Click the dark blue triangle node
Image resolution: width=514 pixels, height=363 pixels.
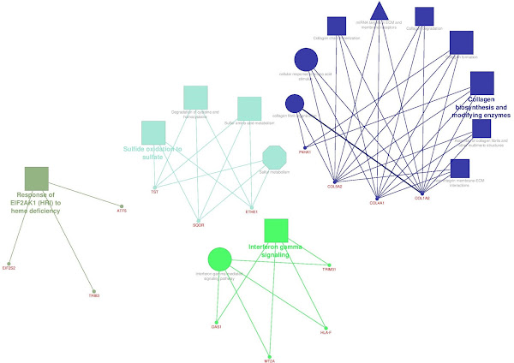click(x=379, y=12)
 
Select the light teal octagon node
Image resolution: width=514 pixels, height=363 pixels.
click(x=274, y=158)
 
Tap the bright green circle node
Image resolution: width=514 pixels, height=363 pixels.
click(x=220, y=259)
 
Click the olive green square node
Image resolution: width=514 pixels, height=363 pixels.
click(x=37, y=178)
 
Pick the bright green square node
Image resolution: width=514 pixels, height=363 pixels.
click(x=276, y=230)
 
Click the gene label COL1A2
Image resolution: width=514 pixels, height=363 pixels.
click(x=421, y=198)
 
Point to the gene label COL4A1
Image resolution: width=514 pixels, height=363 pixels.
click(x=377, y=203)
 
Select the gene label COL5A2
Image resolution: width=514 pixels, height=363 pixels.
click(x=334, y=186)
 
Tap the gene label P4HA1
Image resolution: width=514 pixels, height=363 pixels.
click(x=304, y=151)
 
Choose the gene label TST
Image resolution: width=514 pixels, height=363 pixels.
click(x=154, y=192)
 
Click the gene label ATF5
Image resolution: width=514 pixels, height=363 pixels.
click(x=122, y=211)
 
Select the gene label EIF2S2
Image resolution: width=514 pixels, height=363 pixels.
click(x=9, y=268)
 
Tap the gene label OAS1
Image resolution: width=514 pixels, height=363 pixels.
click(x=216, y=326)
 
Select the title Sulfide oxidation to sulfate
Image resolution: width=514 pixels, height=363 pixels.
click(x=153, y=152)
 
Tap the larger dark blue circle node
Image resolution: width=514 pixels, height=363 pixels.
click(x=306, y=60)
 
